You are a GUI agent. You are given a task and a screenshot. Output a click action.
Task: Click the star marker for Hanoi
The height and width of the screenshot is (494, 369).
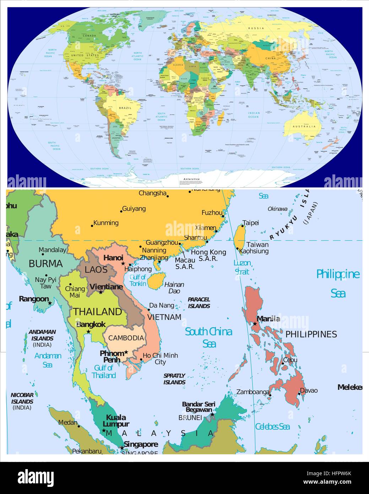(123, 263)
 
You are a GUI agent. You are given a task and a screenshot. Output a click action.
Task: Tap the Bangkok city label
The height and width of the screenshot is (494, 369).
(91, 324)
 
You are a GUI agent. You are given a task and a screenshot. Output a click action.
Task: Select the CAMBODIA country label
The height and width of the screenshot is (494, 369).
(126, 338)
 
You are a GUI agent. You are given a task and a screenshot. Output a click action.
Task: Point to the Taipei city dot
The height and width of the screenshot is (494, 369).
(243, 226)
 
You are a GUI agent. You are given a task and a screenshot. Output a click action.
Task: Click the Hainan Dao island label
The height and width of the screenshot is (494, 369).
(174, 288)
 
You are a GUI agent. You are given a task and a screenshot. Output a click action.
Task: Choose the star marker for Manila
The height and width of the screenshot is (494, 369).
(255, 324)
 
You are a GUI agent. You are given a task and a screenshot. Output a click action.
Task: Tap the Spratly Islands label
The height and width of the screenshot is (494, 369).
(174, 379)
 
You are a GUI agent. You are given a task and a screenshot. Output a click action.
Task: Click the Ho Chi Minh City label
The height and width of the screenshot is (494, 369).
(160, 359)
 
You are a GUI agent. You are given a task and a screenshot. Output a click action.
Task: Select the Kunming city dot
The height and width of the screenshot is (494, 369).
(92, 226)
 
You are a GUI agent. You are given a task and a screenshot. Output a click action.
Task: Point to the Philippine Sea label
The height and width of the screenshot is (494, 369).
(338, 283)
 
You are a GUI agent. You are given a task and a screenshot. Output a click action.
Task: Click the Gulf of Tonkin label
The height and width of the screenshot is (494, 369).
(138, 280)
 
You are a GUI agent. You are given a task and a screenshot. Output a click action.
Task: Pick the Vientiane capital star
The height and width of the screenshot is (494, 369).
(101, 292)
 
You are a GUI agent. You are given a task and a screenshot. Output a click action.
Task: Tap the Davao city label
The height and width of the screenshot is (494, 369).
(309, 390)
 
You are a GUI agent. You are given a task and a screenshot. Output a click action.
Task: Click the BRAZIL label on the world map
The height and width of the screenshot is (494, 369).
(125, 108)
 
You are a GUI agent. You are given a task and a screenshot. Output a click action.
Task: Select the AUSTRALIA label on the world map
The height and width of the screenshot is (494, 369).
(304, 127)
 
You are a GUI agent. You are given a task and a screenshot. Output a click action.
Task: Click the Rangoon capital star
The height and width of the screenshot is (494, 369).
(50, 303)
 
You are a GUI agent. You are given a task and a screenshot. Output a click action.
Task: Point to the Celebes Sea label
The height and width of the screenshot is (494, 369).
(272, 426)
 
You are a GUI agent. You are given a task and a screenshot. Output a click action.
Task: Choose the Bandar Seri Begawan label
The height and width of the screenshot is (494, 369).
(199, 407)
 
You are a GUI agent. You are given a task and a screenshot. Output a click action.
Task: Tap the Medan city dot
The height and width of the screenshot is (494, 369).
(79, 426)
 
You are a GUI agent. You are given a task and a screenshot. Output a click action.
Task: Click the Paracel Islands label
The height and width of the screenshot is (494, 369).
(199, 302)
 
